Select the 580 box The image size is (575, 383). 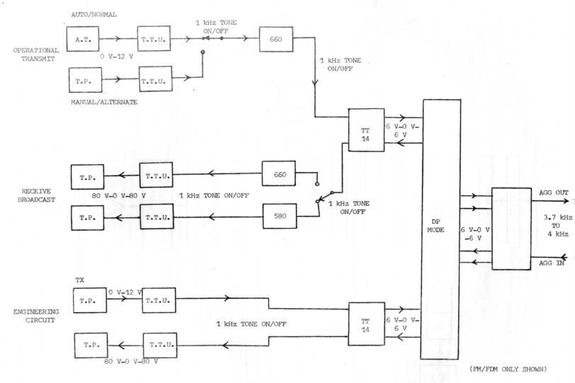tap(279, 215)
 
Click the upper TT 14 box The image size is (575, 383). tap(366, 130)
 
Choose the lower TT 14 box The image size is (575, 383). tap(366, 324)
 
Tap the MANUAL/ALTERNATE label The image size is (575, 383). tap(104, 102)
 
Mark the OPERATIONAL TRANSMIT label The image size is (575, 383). tap(34, 55)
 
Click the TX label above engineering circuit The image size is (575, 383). tap(79, 281)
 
